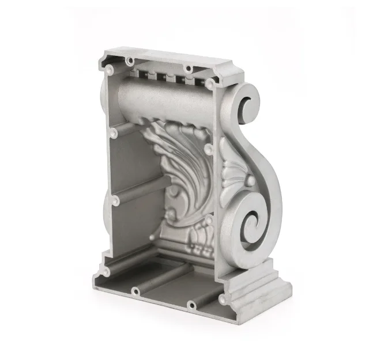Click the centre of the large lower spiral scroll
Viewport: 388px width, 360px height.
(x=252, y=222)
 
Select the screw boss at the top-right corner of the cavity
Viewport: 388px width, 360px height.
(x=210, y=84)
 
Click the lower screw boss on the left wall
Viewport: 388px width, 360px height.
(x=116, y=200)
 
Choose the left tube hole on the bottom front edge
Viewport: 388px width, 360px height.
(x=133, y=290)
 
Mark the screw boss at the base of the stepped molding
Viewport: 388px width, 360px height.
(x=221, y=299)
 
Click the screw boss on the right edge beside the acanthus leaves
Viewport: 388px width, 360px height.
(x=208, y=150)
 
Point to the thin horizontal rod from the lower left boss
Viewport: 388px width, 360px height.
(x=144, y=190)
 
